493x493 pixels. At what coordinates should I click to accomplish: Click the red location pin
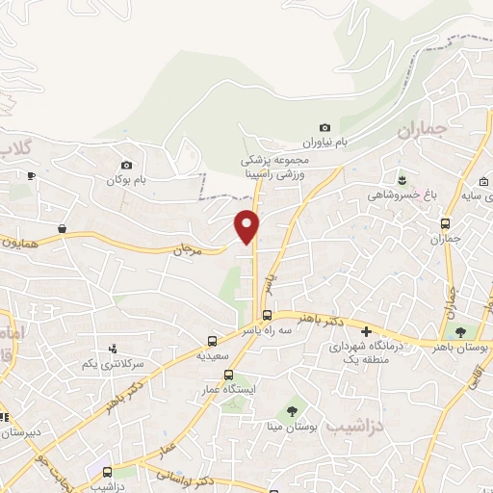(x=247, y=224)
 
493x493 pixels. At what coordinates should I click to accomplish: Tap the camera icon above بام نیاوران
(x=324, y=128)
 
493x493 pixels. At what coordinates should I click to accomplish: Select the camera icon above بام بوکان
(x=126, y=165)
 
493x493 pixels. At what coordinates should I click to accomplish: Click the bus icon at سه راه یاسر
(x=268, y=315)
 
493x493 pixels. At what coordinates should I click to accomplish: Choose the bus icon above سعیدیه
(x=212, y=340)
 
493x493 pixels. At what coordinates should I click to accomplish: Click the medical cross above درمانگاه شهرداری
(x=367, y=331)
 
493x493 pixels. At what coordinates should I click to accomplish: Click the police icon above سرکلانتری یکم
(x=114, y=349)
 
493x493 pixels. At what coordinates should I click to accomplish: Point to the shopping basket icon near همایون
(x=62, y=229)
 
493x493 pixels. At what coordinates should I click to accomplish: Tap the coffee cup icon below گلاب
(x=32, y=174)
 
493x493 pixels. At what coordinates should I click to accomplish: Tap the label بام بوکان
(x=132, y=180)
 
